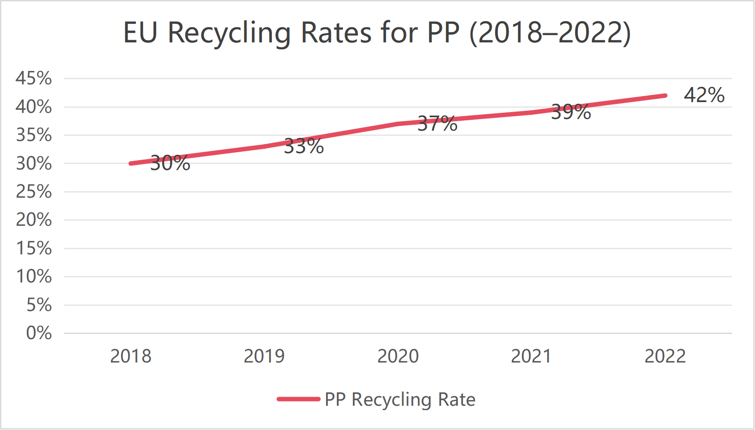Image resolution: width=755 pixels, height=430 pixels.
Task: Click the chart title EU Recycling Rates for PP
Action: (377, 33)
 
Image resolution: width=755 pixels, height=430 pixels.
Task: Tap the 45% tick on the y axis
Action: (34, 78)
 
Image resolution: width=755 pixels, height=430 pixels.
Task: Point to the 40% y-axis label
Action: (34, 107)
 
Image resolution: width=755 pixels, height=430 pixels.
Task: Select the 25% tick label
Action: (34, 192)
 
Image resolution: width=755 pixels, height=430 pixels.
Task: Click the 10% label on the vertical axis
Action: (34, 276)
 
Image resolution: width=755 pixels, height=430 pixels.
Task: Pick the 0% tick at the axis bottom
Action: (38, 333)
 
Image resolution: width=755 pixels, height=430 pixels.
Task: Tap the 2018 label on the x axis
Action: (131, 356)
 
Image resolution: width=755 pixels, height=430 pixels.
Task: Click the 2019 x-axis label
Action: (264, 356)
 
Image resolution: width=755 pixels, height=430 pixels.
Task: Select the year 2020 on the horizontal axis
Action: (398, 356)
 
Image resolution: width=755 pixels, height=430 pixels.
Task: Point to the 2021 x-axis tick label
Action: (531, 356)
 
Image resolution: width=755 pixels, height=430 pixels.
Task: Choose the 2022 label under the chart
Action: (665, 356)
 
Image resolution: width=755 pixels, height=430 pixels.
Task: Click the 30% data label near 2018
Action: (170, 164)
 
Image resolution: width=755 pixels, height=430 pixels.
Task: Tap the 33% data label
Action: (304, 147)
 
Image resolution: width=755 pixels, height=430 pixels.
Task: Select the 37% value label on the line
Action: (437, 124)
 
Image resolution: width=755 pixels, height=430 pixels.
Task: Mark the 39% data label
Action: (571, 112)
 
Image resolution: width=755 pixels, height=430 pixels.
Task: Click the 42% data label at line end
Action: (704, 95)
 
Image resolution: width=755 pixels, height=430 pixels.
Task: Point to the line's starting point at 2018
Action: (131, 164)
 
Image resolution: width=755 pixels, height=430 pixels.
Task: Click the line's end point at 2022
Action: (665, 96)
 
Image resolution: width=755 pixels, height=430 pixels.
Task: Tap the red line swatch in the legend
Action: (298, 399)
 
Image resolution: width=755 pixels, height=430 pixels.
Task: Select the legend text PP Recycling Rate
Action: (400, 399)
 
